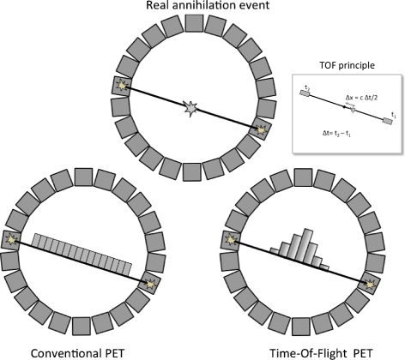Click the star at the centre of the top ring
tap(191, 109)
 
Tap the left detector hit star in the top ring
tap(122, 86)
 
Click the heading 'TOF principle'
tap(347, 64)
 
